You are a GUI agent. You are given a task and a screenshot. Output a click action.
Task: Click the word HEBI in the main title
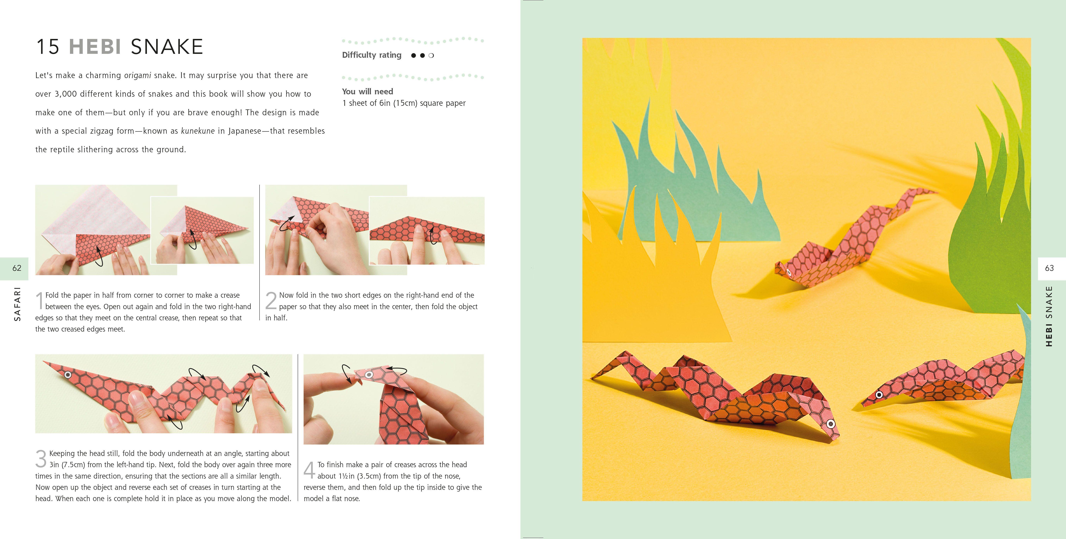coord(95,47)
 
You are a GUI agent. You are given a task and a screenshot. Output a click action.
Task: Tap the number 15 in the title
coord(48,47)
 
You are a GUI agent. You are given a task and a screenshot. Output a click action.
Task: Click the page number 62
coord(16,268)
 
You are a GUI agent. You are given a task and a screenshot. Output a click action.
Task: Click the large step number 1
coord(40,300)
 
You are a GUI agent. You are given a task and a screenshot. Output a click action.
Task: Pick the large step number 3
coord(41,459)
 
